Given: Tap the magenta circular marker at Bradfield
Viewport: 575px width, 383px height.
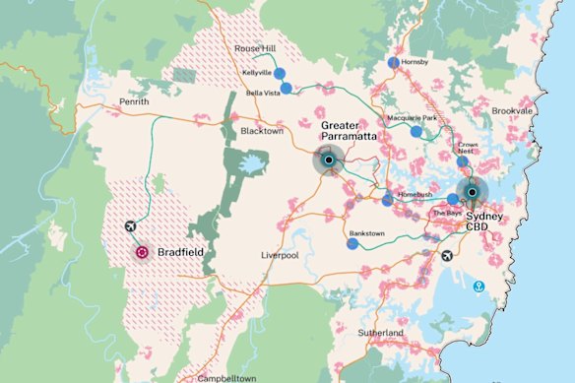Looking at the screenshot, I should click(x=142, y=253).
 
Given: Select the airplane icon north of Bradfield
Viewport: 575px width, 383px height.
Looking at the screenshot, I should click(x=131, y=227).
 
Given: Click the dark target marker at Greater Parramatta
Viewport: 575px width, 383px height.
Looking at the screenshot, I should click(x=327, y=160).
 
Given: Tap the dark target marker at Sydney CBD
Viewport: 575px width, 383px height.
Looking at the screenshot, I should click(x=473, y=192).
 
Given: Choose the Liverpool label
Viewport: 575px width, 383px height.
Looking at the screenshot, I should click(x=279, y=256).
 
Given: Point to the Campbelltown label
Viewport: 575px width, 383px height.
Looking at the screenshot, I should click(x=227, y=377).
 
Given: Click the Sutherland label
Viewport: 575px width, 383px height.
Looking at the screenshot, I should click(x=382, y=334).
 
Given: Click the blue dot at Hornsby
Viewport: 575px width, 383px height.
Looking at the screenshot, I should click(x=393, y=62).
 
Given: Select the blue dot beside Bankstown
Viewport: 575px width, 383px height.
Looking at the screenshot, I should click(x=351, y=244).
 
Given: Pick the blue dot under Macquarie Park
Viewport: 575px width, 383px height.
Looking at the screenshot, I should click(x=416, y=131).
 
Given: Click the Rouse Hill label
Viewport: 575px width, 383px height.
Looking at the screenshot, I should click(x=254, y=48).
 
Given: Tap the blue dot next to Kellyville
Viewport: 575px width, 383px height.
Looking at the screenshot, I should click(x=279, y=73).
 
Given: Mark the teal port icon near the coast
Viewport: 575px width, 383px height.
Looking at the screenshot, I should click(x=479, y=287).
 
